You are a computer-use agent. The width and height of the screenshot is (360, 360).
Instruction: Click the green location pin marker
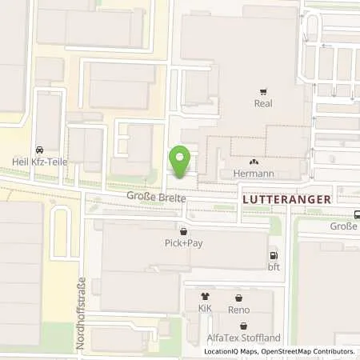coord(181,162)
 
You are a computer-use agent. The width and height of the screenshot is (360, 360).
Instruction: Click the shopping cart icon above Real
coord(264,92)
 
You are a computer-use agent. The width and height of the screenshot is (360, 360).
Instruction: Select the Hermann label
coord(254,174)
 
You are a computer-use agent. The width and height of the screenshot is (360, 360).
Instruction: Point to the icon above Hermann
coord(254,162)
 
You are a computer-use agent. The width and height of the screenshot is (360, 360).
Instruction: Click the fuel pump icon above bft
coord(274,256)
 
